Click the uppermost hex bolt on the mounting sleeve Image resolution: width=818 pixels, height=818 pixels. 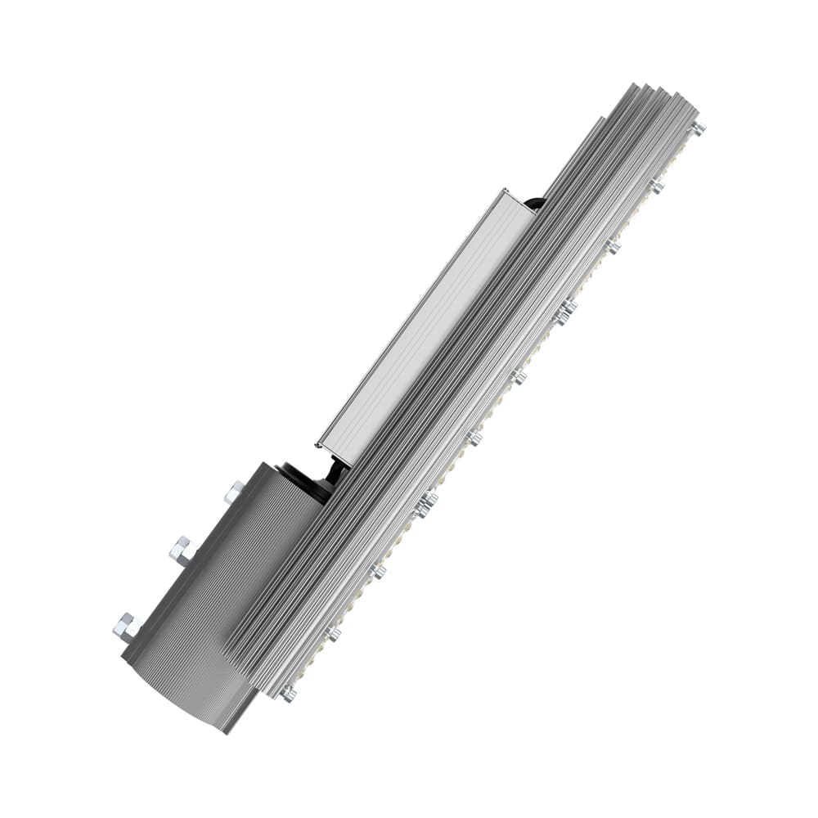pos(234,492)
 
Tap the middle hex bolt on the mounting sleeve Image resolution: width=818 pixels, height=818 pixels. pos(181,551)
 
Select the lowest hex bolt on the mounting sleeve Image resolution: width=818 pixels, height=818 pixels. pos(126,627)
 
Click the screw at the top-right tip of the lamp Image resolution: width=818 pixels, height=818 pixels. pos(697,128)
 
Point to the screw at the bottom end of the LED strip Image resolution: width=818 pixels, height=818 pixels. pos(288,694)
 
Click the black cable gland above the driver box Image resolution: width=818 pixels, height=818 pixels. pos(534,202)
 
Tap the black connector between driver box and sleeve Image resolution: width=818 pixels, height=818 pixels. pos(333,472)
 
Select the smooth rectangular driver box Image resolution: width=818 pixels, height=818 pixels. pos(425,319)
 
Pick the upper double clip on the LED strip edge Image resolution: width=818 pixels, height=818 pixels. pos(564,311)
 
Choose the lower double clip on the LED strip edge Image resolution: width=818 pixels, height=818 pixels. pos(425,503)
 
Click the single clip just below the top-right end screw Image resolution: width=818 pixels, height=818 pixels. pos(656,187)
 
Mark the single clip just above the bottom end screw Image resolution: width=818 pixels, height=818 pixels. pos(334,632)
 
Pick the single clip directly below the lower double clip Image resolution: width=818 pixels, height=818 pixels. pos(378,571)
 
